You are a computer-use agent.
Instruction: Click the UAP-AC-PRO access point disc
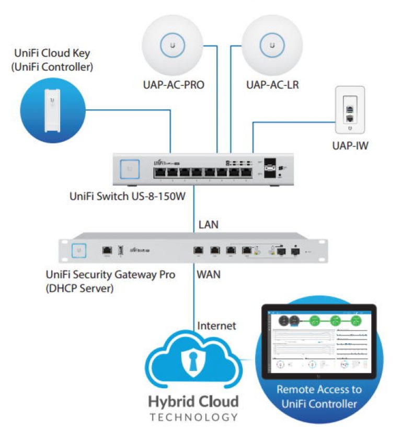(x=172, y=47)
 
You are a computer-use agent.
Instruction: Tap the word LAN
(x=208, y=225)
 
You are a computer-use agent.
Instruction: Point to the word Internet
(x=216, y=325)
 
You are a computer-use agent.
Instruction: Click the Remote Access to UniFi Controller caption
(x=318, y=396)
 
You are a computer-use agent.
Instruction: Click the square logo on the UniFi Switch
(x=128, y=168)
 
